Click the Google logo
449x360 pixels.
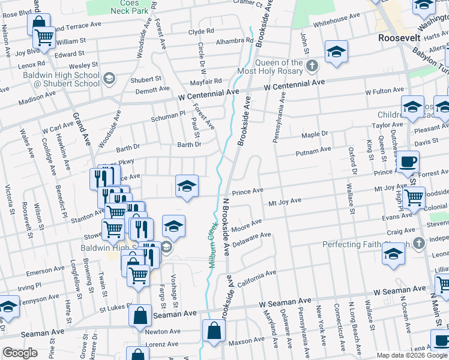(x=20, y=353)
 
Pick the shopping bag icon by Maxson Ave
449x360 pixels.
(x=214, y=330)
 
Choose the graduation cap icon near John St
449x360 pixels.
(x=336, y=52)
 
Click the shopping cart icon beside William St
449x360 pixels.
(x=45, y=37)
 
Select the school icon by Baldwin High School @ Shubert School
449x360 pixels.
(x=109, y=78)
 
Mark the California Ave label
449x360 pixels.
(x=256, y=277)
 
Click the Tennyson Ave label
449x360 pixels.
(x=41, y=299)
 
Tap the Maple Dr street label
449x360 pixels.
(x=315, y=134)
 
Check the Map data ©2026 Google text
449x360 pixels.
(x=411, y=355)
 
